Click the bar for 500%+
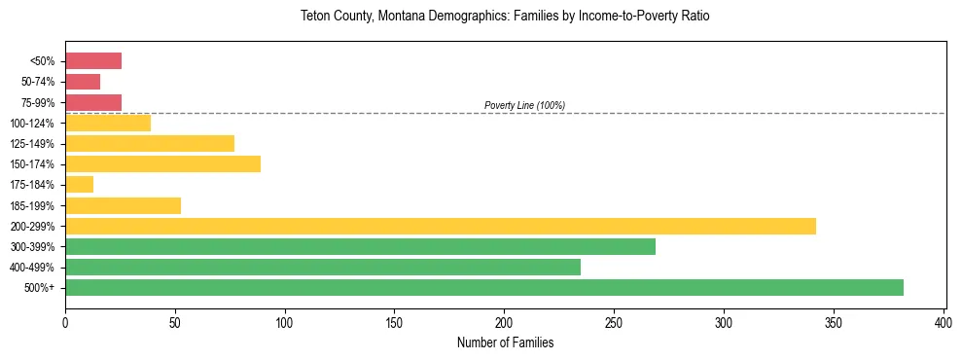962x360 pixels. [483, 287]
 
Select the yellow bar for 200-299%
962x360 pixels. [440, 226]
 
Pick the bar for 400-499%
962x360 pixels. [322, 267]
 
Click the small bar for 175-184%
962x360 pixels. [79, 185]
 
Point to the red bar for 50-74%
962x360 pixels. [83, 82]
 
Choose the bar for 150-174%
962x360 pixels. [162, 164]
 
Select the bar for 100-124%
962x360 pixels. [108, 123]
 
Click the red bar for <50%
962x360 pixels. [93, 61]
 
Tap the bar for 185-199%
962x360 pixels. [123, 205]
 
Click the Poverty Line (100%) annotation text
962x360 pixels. [524, 105]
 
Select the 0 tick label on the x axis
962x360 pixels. [65, 321]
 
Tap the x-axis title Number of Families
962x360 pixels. [505, 342]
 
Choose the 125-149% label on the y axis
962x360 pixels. [33, 144]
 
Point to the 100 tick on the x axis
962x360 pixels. [285, 309]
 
